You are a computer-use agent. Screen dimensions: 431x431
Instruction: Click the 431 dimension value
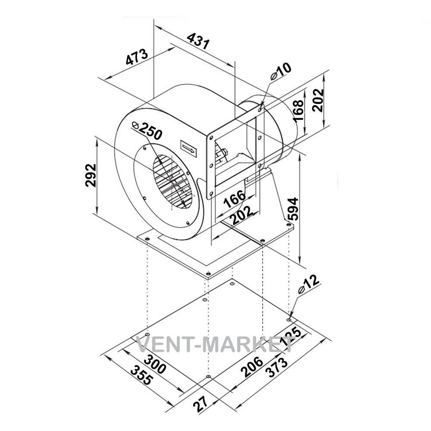point(198,41)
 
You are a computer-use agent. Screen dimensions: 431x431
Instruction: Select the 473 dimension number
point(137,57)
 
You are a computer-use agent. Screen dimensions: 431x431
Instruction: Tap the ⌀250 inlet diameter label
point(147,130)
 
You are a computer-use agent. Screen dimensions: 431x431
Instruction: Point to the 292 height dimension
point(91,175)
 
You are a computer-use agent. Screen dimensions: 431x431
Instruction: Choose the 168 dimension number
point(298,110)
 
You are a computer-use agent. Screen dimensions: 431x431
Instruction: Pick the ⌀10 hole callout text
point(281,71)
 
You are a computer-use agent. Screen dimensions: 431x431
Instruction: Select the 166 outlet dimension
point(234,198)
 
